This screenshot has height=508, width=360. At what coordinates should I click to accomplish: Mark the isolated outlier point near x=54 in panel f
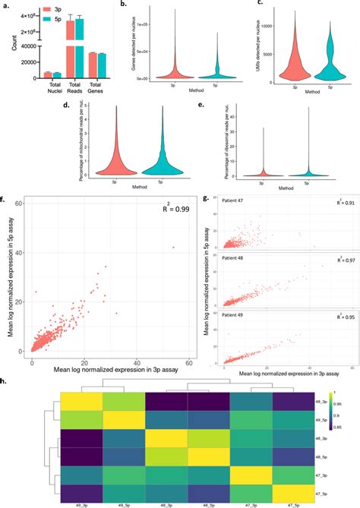pos(173,247)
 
